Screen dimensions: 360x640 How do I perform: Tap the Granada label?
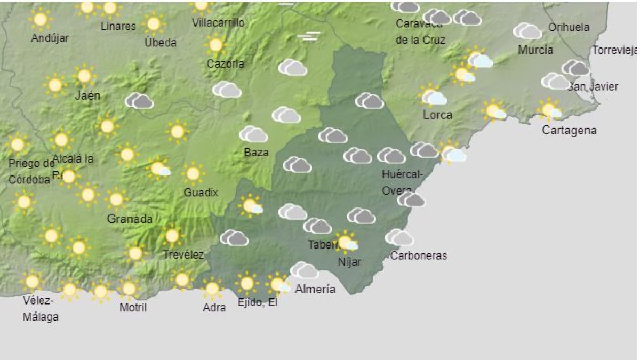pos(130,219)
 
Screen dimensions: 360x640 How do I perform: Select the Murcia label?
pos(535,50)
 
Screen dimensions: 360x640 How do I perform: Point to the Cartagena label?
pos(569,130)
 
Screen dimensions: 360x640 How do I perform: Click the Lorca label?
pos(437,115)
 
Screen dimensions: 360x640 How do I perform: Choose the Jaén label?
pos(88,96)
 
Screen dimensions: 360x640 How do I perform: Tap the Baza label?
pos(256,153)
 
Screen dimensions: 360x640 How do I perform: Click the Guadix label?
pos(201,193)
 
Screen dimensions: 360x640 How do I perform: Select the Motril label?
pos(133,308)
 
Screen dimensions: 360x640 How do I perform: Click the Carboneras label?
pos(419,255)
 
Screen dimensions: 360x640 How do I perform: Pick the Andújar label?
pos(50,38)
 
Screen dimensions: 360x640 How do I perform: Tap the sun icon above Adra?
pos(212,289)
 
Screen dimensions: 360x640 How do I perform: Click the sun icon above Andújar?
pos(41,20)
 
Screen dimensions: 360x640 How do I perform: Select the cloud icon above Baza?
pos(253,134)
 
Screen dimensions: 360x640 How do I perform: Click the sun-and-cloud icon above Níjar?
pos(347,243)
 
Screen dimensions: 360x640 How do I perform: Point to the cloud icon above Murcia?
pos(527,31)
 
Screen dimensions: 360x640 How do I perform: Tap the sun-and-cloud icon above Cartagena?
pos(550,110)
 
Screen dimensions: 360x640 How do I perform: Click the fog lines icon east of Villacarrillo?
pos(309,36)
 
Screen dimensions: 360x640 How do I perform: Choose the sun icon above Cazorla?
pos(215,45)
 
